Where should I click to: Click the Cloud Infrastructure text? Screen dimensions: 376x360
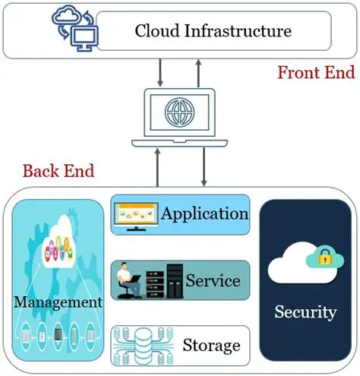point(213,31)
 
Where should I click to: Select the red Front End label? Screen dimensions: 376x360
point(315,73)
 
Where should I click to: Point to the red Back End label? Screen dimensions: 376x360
point(58,170)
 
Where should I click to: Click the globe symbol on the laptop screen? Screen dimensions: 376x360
point(179,115)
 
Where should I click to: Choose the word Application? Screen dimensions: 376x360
point(205,213)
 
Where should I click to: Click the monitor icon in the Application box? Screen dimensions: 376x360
point(136,214)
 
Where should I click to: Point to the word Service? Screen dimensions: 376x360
point(213,280)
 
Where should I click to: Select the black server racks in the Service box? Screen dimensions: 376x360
point(166,281)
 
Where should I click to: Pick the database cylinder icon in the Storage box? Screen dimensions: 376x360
point(142,345)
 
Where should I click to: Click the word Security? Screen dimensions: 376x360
point(305,311)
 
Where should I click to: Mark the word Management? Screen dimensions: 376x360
point(57,302)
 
